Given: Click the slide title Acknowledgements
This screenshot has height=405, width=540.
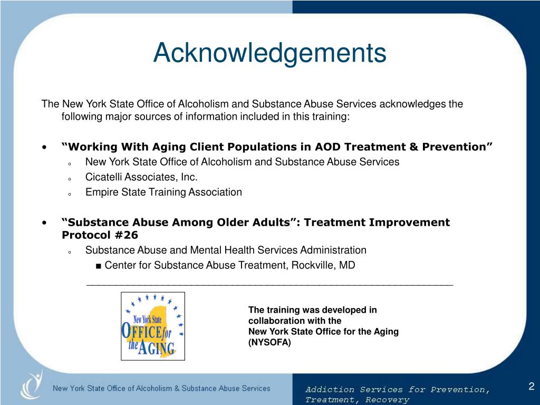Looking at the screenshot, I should (x=269, y=53).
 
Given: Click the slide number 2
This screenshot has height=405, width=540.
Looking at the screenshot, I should (x=532, y=386).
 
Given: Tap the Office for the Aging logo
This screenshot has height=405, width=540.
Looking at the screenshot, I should (x=153, y=326).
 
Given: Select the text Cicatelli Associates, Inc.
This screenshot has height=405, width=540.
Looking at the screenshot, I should (x=141, y=177).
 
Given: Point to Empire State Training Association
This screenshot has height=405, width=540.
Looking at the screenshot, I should (x=163, y=192).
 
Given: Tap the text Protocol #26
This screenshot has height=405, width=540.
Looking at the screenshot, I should (x=100, y=235).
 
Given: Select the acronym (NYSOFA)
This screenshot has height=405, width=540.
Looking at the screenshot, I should (x=269, y=342).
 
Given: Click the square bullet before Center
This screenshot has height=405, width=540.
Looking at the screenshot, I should (x=99, y=265).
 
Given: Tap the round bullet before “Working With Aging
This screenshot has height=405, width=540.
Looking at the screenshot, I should (x=47, y=147).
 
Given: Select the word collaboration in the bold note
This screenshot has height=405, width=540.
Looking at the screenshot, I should (x=275, y=321).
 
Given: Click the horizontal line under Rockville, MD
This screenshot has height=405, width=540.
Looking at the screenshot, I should (x=269, y=284).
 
